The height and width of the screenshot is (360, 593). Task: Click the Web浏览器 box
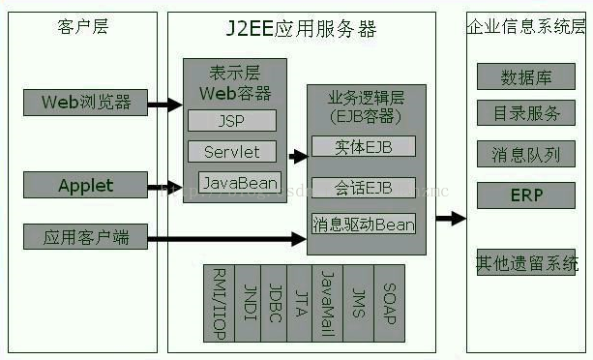tap(85, 101)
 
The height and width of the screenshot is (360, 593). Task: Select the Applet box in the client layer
tap(85, 184)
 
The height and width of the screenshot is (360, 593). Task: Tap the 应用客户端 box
tap(85, 236)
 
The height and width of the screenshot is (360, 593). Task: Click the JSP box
tap(232, 120)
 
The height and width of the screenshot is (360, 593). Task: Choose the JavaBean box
tap(239, 182)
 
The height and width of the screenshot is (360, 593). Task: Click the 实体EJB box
tap(363, 147)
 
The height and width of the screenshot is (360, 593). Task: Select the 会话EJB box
tap(363, 187)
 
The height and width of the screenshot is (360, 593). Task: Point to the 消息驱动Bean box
tap(363, 225)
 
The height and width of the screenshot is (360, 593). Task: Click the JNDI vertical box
tap(249, 303)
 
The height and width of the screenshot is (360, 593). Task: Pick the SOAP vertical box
tap(389, 303)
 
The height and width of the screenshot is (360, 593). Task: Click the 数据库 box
tap(526, 77)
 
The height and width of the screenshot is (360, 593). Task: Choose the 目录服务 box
tap(526, 114)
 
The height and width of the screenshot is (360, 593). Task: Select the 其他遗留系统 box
tap(526, 262)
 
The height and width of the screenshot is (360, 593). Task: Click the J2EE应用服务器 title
tap(309, 25)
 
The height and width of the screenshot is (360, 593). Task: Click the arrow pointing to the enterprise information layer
tap(450, 218)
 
